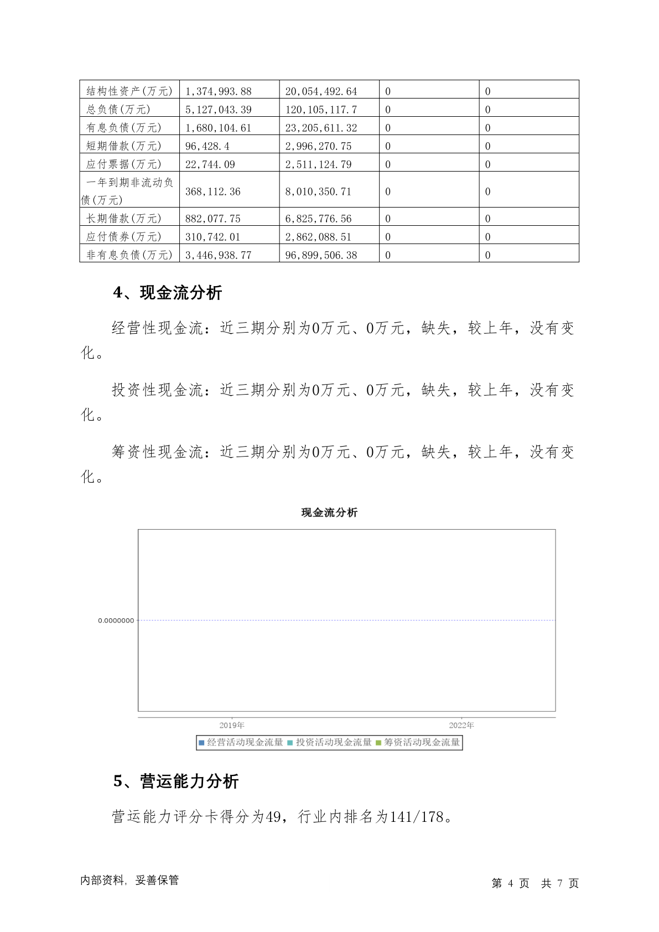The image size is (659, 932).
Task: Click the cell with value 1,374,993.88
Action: click(219, 91)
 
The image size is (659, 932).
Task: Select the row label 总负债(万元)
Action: click(118, 110)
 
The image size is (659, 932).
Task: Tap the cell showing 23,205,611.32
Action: click(321, 128)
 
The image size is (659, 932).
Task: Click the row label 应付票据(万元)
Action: click(124, 164)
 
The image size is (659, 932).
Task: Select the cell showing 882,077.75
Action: click(213, 219)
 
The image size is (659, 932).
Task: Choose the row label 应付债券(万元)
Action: click(124, 237)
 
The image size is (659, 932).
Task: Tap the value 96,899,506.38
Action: click(321, 255)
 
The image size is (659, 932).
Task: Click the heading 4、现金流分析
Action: click(168, 293)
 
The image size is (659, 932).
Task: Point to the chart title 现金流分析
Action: click(329, 512)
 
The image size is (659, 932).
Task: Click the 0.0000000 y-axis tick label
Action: click(116, 621)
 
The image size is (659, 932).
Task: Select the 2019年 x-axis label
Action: click(232, 725)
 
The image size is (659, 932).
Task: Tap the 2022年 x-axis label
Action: click(461, 725)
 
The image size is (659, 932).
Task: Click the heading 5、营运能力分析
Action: click(176, 781)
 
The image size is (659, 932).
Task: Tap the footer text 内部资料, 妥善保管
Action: click(129, 881)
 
